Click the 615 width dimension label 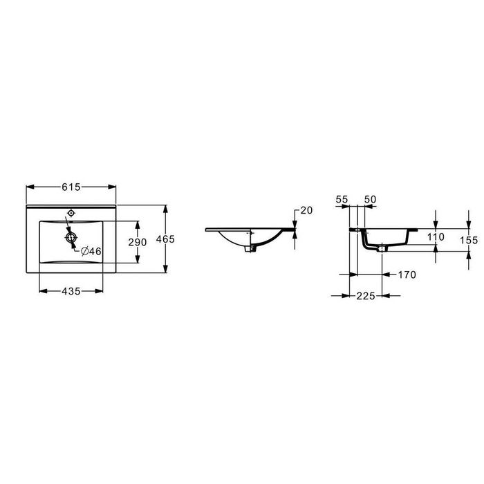[x=71, y=187]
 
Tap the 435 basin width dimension [x=71, y=291]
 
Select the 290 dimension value [x=138, y=242]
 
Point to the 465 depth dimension [x=165, y=239]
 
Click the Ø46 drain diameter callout [x=91, y=251]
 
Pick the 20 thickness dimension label [x=306, y=210]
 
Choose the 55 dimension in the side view [x=342, y=199]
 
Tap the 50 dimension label [x=370, y=199]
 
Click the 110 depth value [x=436, y=236]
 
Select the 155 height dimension [x=469, y=240]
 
